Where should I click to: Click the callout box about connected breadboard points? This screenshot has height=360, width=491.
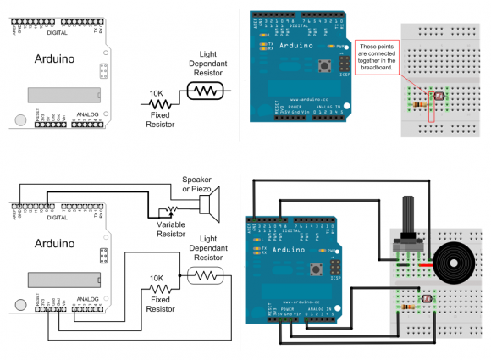pos(378,57)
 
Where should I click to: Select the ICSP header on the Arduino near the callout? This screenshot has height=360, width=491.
pos(344,64)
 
